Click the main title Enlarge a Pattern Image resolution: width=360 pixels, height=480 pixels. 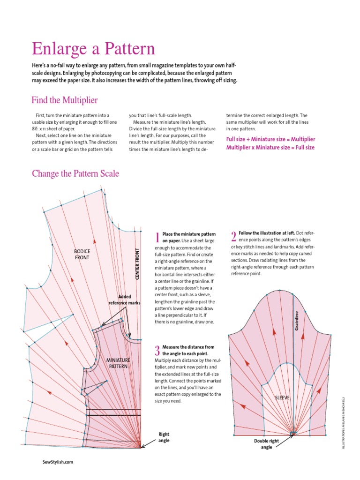pos(93,49)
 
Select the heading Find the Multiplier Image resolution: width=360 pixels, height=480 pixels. pos(64,100)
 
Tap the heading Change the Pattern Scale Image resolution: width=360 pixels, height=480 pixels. pos(75,173)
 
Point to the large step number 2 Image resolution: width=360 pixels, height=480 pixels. pos(234,235)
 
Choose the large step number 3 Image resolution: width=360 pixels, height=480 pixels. pos(157,350)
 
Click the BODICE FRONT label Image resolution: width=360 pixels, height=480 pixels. pos(82,255)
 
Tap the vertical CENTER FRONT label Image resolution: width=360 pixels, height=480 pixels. pos(137,264)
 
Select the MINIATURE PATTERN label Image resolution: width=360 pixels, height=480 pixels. pos(118,363)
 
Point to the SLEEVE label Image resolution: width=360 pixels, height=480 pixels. pos(283,397)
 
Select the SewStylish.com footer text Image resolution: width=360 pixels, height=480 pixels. pos(58,462)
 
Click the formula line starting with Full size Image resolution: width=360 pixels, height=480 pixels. pos(270,139)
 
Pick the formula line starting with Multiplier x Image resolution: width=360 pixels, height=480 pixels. pos(270,147)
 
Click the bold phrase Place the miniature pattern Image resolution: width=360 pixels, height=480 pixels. pos(189,237)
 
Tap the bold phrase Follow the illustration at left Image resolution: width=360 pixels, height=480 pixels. pos(267,232)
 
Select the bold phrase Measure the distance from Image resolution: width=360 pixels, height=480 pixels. pos(188,350)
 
